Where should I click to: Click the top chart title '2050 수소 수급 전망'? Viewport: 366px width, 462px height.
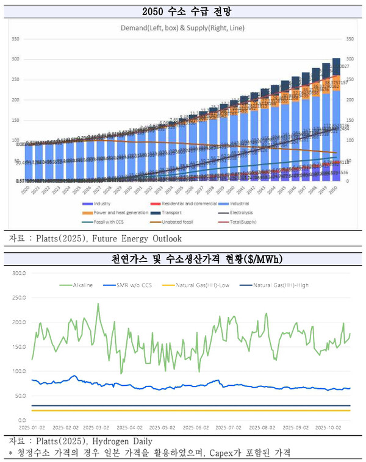click(x=183, y=10)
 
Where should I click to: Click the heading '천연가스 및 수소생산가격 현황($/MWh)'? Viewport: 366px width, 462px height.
click(x=183, y=260)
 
